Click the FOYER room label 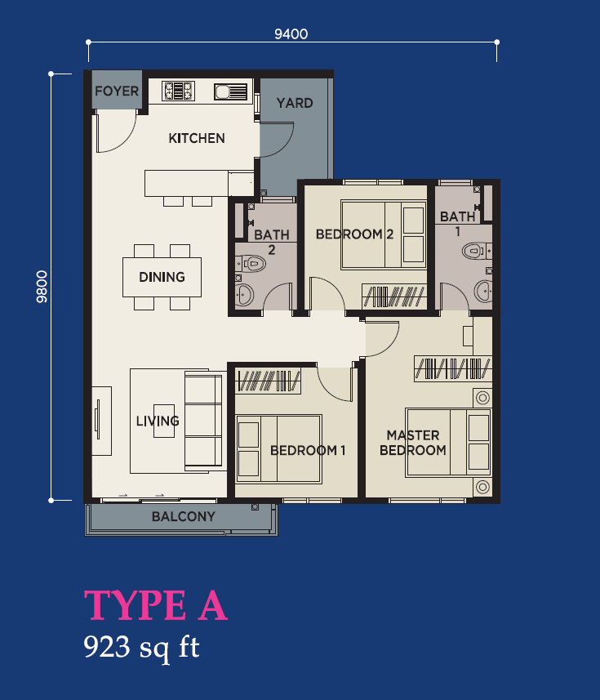(117, 91)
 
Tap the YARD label (295, 103)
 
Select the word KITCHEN (197, 138)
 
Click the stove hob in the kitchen (178, 91)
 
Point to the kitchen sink (231, 92)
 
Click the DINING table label (162, 277)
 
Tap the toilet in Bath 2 (251, 263)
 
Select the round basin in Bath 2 (244, 295)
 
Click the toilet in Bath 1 (476, 251)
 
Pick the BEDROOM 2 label (354, 234)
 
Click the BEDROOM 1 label (308, 450)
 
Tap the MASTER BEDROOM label (413, 443)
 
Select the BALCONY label (184, 516)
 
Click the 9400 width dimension (291, 34)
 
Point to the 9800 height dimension (42, 287)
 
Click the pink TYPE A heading (156, 605)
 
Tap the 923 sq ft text (141, 648)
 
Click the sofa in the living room (204, 421)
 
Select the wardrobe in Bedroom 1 (268, 381)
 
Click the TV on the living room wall (98, 420)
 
